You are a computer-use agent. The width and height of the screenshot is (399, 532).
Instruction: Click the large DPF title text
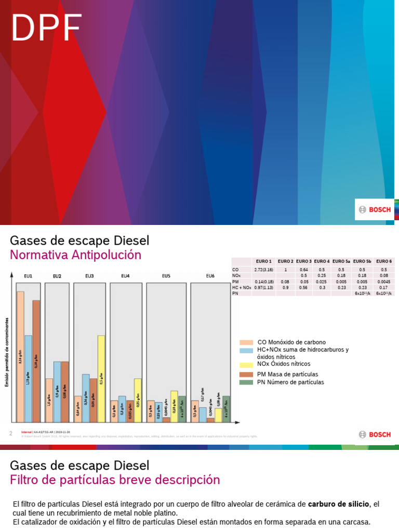[47, 28]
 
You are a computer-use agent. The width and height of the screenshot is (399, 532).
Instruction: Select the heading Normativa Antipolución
[76, 255]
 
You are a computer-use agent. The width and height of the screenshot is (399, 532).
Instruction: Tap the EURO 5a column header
[341, 261]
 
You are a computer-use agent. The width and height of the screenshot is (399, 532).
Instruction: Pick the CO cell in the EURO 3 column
[304, 270]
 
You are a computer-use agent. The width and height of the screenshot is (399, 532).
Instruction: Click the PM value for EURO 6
[383, 282]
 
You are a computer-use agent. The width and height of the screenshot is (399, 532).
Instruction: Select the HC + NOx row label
[242, 287]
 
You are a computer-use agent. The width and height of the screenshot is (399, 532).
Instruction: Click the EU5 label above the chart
[166, 276]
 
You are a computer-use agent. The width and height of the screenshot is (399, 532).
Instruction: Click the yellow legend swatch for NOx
[246, 364]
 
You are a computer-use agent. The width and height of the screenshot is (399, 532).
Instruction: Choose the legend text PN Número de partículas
[290, 382]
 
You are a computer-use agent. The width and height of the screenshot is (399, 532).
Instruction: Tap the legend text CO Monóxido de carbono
[291, 342]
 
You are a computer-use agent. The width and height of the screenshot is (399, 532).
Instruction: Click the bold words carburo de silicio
[338, 504]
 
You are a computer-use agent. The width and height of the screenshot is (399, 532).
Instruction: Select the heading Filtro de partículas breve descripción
[115, 480]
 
